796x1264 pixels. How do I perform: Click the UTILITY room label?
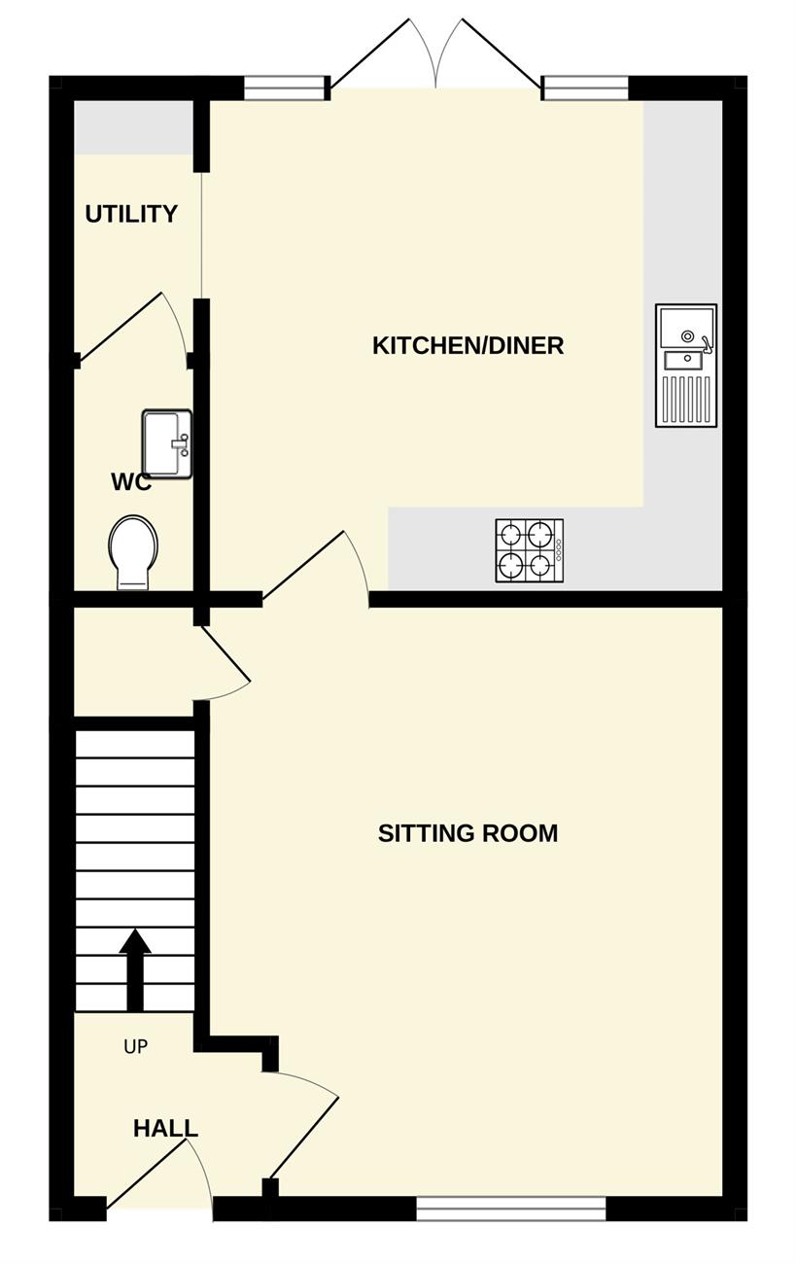131,214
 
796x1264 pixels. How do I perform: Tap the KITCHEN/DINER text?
468,345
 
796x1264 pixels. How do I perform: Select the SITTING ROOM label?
468,833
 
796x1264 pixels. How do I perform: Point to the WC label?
131,482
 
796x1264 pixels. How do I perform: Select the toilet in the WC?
133,552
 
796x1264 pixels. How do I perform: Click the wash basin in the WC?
167,444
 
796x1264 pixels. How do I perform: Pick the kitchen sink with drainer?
686,366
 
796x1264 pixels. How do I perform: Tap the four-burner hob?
529,550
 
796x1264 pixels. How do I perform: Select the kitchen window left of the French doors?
287,88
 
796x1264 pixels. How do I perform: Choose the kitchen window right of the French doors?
585,88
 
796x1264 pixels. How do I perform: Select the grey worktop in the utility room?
134,127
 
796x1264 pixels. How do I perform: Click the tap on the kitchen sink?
706,343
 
